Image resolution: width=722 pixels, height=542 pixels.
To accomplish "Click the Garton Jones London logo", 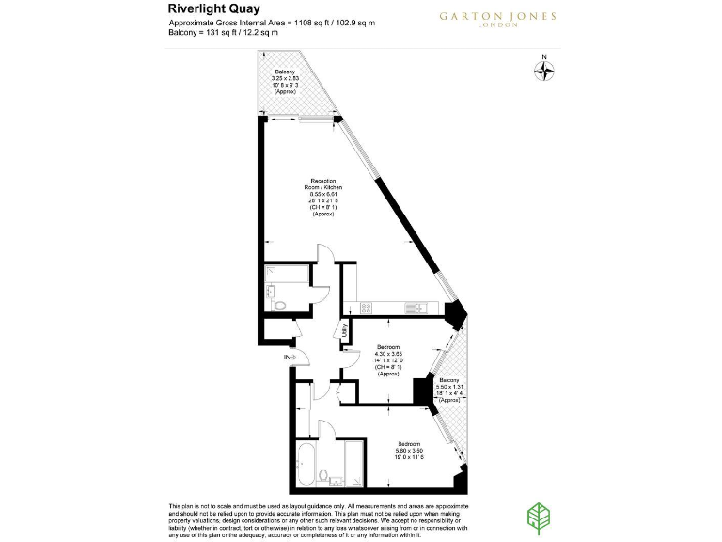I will pyautogui.click(x=497, y=20).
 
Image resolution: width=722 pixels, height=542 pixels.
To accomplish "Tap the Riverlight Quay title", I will pyautogui.click(x=208, y=8).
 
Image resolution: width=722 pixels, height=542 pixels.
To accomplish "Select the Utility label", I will pyautogui.click(x=345, y=330).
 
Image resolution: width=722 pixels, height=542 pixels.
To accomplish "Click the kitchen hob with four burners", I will pyautogui.click(x=361, y=307).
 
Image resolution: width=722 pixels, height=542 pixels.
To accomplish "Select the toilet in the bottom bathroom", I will pyautogui.click(x=322, y=475).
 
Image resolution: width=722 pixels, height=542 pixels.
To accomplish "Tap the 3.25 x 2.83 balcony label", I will pyautogui.click(x=284, y=81).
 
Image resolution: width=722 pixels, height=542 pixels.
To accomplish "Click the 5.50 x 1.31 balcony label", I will pyautogui.click(x=448, y=390).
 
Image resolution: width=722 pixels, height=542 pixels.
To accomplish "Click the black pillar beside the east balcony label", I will pyautogui.click(x=420, y=391).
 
